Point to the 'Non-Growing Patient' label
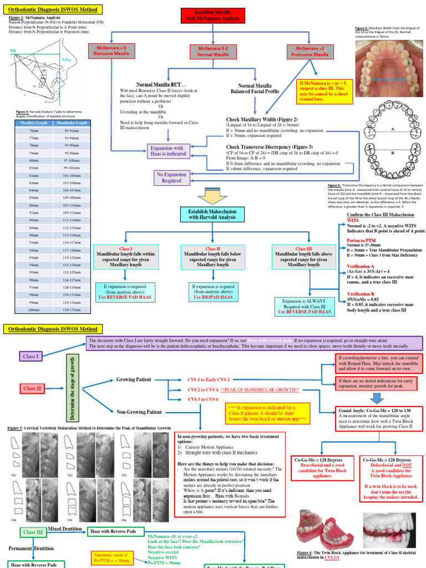[x=139, y=412]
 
